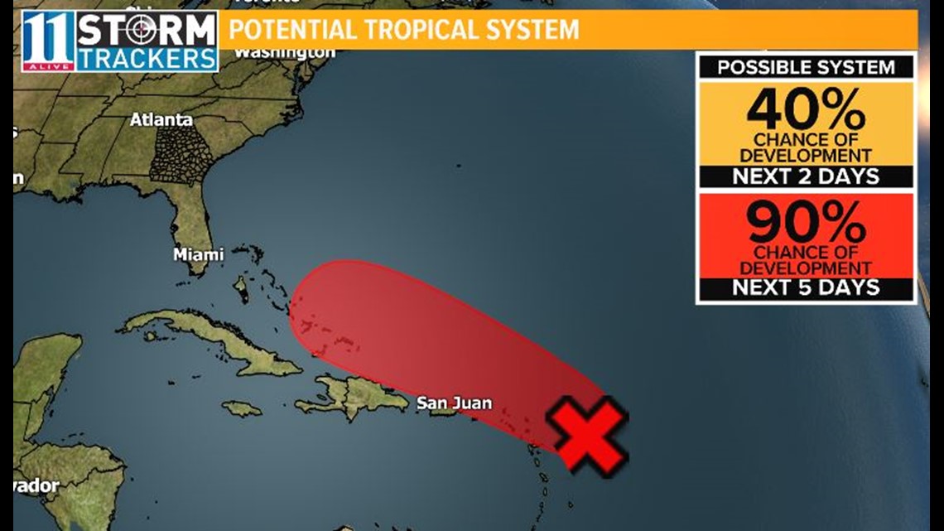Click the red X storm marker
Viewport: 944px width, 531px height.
pyautogui.click(x=590, y=435)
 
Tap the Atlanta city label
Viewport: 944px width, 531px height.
pyautogui.click(x=161, y=120)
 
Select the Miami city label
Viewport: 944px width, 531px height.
pyautogui.click(x=198, y=255)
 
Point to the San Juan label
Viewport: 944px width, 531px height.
pyautogui.click(x=454, y=403)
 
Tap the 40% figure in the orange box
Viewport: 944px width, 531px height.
pyautogui.click(x=806, y=110)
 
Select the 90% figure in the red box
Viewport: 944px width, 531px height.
pyautogui.click(x=806, y=222)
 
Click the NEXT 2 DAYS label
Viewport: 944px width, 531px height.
pyautogui.click(x=806, y=176)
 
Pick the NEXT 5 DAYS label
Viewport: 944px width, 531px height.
pyautogui.click(x=806, y=288)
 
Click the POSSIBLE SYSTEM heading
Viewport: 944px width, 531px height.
pyautogui.click(x=806, y=67)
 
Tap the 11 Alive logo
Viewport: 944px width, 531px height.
pyautogui.click(x=47, y=40)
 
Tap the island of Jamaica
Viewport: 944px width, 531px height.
pyautogui.click(x=242, y=408)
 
